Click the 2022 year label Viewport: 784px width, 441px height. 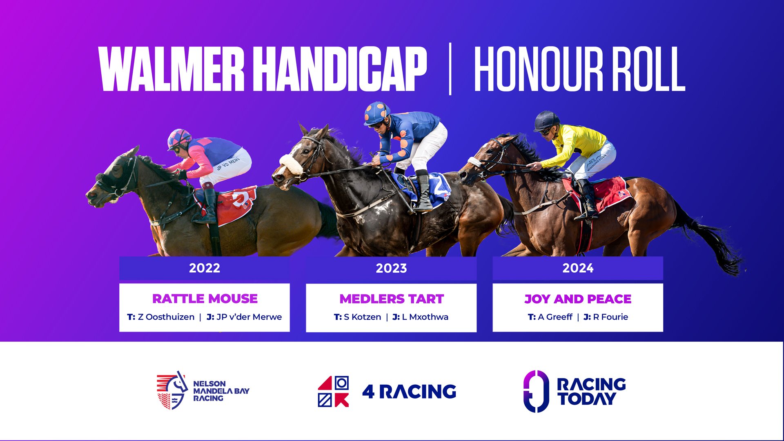tap(205, 268)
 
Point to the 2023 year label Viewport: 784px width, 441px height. tap(391, 268)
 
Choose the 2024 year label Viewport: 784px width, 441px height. tap(578, 268)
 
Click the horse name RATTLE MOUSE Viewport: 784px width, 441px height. tap(205, 299)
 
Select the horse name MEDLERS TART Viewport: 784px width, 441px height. tap(392, 299)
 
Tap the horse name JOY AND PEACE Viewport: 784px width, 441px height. tap(578, 299)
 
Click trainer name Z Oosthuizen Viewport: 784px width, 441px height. tap(166, 317)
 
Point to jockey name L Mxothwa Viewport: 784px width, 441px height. tap(425, 317)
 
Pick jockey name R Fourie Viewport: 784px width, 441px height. tap(610, 317)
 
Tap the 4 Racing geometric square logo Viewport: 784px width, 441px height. tap(334, 392)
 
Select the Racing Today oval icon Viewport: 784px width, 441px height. tap(536, 391)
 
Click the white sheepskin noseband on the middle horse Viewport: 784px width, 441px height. tap(292, 164)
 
